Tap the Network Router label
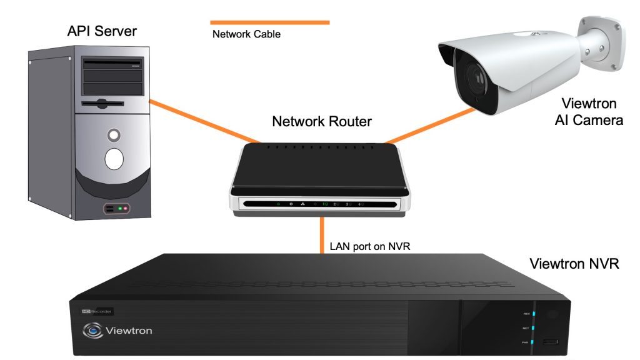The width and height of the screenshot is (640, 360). coord(322,121)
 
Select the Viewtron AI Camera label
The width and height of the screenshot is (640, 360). coord(588,111)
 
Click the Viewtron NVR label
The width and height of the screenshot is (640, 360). coord(574,263)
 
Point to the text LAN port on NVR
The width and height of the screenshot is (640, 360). coord(369,246)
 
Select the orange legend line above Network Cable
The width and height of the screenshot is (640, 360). coord(269,22)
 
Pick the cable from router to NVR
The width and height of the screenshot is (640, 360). coord(322,234)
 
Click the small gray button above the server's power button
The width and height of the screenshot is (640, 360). coord(113,134)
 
